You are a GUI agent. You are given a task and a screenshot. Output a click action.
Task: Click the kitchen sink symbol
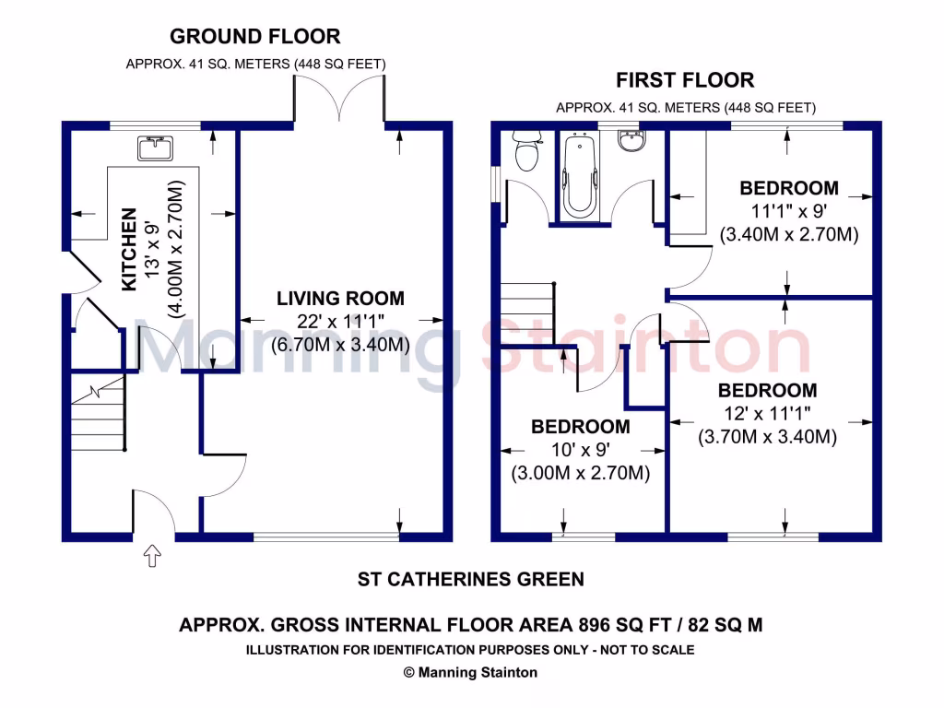click(155, 147)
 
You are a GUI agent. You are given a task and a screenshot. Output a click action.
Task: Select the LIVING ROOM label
click(340, 298)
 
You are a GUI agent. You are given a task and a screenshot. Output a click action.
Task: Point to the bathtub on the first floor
click(579, 175)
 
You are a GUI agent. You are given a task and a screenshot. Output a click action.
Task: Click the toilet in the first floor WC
click(526, 152)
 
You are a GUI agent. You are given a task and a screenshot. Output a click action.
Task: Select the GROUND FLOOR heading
click(255, 37)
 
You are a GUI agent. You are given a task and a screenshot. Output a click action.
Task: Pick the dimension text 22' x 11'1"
click(340, 322)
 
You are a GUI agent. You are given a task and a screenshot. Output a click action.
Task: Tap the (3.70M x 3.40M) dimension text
click(767, 437)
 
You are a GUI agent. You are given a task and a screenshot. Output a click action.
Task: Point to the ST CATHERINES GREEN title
click(470, 579)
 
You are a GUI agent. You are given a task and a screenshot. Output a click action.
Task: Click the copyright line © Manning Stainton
click(470, 672)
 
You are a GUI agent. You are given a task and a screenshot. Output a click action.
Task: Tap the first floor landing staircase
click(527, 312)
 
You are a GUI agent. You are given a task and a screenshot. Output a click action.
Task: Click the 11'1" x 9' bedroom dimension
click(789, 211)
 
